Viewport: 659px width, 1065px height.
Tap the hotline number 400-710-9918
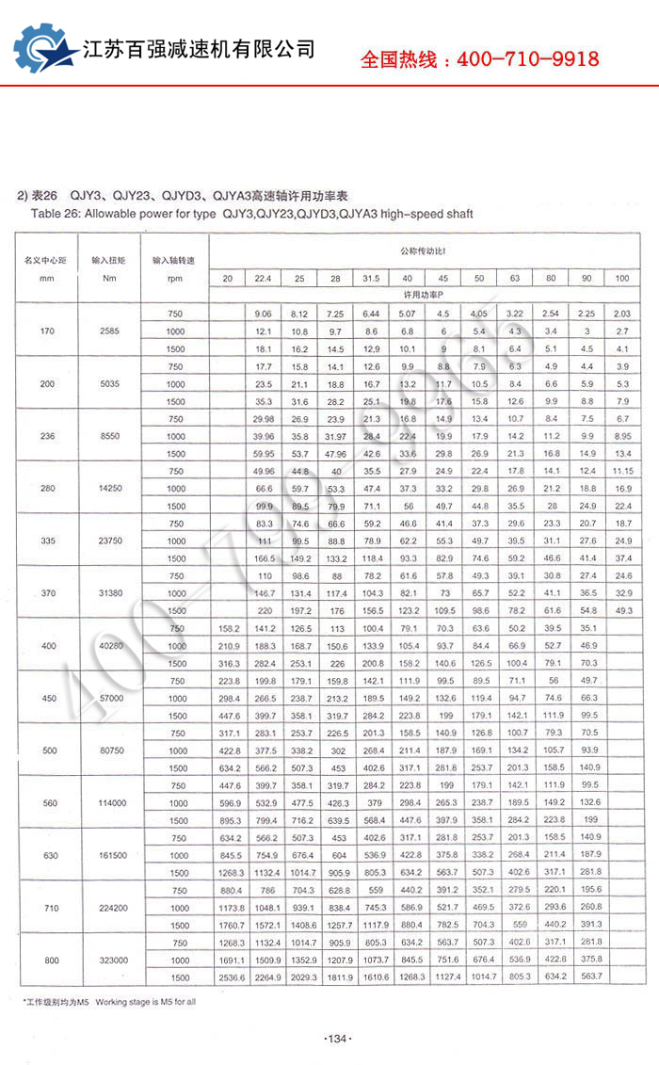(x=480, y=59)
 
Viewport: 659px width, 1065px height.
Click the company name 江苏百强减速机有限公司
(x=200, y=49)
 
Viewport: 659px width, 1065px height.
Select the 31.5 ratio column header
(x=371, y=278)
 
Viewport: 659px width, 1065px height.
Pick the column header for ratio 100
(x=621, y=278)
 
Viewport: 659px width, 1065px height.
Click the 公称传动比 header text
(x=421, y=252)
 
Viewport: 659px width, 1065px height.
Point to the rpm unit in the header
(x=174, y=278)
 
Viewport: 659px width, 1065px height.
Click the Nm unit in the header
(x=108, y=278)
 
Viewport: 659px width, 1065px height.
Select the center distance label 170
(x=48, y=331)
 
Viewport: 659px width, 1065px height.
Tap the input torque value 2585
(x=108, y=331)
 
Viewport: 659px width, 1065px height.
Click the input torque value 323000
(x=108, y=960)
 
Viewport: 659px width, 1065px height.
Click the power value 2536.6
(x=227, y=977)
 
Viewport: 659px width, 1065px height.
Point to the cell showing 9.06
(x=263, y=314)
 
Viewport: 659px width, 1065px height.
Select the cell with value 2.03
(x=621, y=314)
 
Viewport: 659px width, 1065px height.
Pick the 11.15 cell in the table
(x=621, y=471)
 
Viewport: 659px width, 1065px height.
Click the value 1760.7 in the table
(x=227, y=925)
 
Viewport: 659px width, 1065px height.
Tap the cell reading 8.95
(x=621, y=436)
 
